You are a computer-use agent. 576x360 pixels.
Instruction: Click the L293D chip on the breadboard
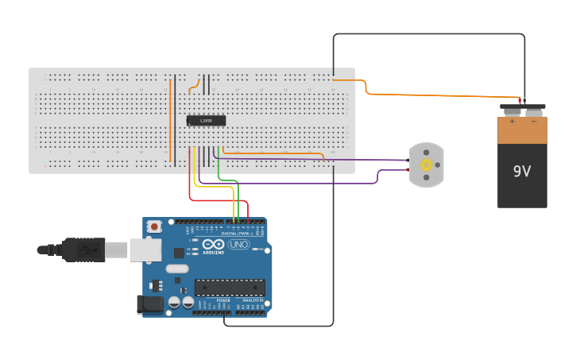coord(206,121)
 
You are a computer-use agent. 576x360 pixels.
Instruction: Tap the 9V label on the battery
coord(522,171)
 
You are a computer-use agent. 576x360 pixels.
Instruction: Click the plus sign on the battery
coord(512,122)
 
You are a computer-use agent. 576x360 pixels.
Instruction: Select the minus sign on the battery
coord(534,122)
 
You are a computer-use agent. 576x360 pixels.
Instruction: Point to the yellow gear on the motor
coord(427,165)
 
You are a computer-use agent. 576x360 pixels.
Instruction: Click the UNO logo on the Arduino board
coord(238,245)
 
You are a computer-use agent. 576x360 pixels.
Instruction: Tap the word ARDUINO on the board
coord(213,252)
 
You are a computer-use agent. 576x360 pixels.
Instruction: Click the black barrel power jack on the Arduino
coord(149,304)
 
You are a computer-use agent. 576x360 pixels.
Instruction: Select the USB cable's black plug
coord(83,250)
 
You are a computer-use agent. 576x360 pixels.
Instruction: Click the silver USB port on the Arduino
coord(145,250)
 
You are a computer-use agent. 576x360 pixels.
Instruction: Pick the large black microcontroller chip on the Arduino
coord(230,288)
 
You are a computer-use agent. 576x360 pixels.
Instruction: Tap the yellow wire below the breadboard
coord(195,176)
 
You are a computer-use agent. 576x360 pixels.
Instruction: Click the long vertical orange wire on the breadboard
coord(170,119)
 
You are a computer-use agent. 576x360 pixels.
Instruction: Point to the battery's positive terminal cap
coord(512,108)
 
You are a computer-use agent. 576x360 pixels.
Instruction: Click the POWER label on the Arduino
coord(212,300)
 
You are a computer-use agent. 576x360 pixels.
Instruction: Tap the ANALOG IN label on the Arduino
coord(249,300)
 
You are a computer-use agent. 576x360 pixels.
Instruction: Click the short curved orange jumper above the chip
coord(192,86)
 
